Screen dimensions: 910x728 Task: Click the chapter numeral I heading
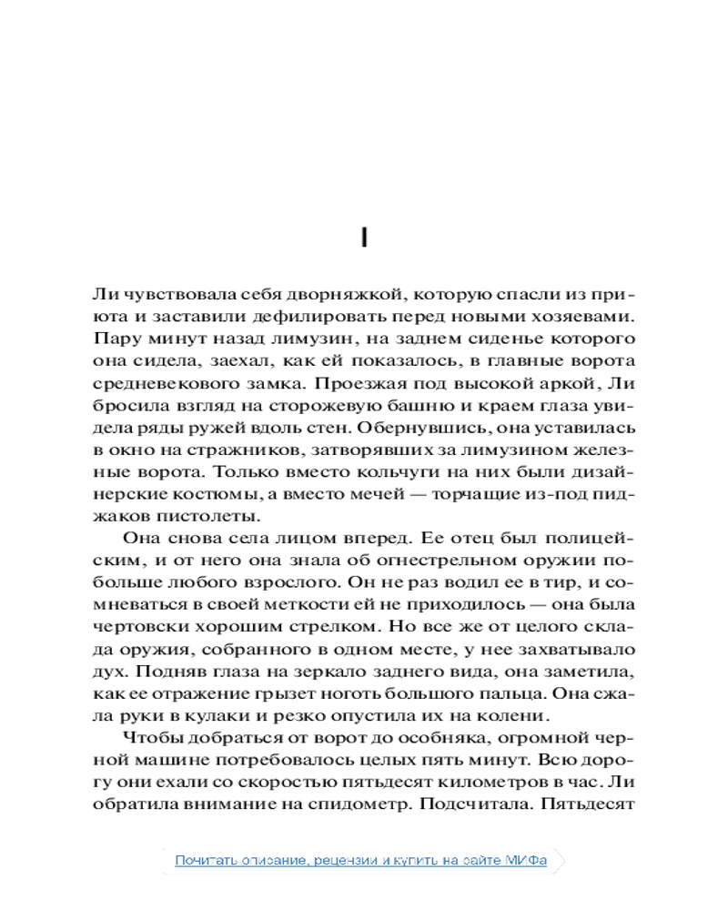pyautogui.click(x=363, y=238)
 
